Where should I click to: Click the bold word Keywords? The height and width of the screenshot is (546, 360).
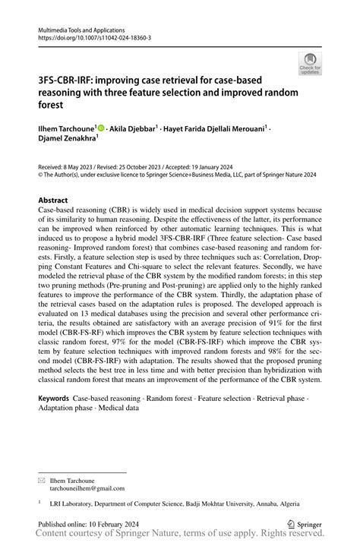coord(54,398)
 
